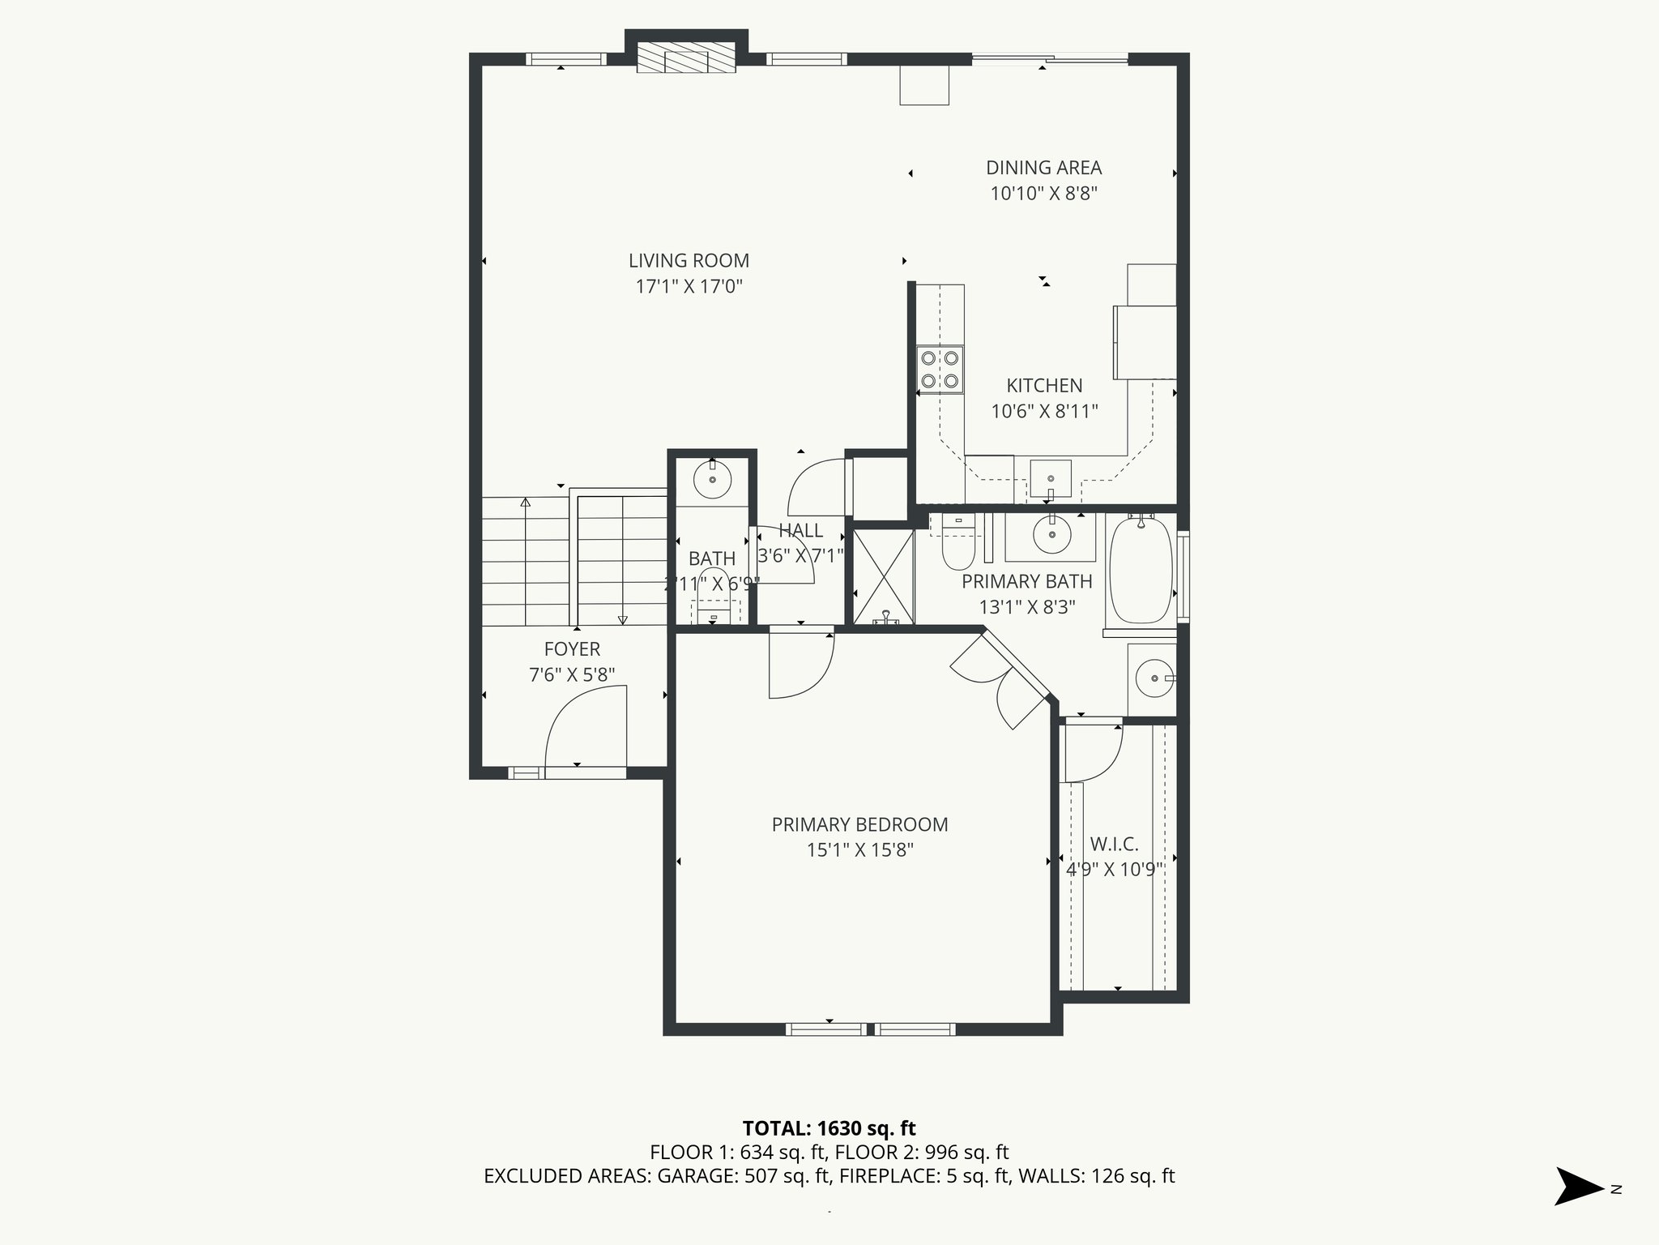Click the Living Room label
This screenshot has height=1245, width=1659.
pyautogui.click(x=689, y=261)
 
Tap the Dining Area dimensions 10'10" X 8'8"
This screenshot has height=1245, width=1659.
pyautogui.click(x=1044, y=194)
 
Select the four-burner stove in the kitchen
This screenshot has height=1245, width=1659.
pyautogui.click(x=940, y=369)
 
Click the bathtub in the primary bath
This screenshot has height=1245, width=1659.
pyautogui.click(x=1141, y=571)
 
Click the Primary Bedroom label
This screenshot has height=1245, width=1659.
pyautogui.click(x=859, y=825)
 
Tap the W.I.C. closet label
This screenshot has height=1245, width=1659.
pyautogui.click(x=1114, y=845)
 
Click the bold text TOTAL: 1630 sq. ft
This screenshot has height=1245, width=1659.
pyautogui.click(x=829, y=1128)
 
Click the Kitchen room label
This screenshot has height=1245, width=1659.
pyautogui.click(x=1044, y=386)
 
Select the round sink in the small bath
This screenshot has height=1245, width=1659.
pyautogui.click(x=713, y=481)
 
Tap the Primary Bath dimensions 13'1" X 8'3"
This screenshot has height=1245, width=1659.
pyautogui.click(x=1027, y=607)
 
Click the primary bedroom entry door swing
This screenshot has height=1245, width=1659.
pyautogui.click(x=800, y=665)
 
